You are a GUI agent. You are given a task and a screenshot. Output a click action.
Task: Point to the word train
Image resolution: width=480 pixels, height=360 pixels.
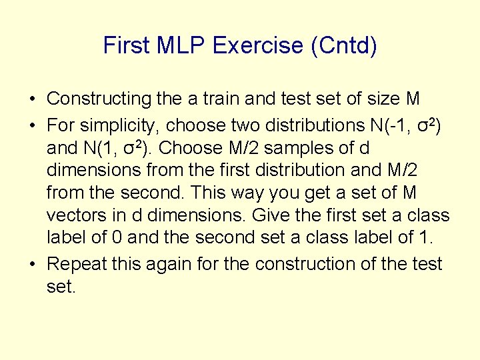tap(217, 99)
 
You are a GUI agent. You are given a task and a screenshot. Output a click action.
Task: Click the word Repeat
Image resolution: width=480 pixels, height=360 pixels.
tap(75, 264)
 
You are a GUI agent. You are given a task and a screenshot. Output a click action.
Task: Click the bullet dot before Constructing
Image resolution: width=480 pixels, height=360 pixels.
tap(32, 99)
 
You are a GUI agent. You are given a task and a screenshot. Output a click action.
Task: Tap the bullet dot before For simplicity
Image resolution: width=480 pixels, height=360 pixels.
tap(32, 125)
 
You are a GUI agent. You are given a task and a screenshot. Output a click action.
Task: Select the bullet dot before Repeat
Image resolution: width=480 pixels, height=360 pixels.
tap(32, 264)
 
